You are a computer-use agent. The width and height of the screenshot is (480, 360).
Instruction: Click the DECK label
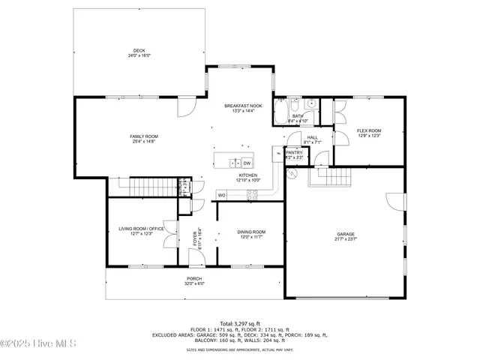(x=140, y=51)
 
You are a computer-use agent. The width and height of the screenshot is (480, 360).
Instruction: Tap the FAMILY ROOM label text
(x=145, y=136)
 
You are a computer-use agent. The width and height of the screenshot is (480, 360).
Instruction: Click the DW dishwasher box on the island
(x=247, y=162)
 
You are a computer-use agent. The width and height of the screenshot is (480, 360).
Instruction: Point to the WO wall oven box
(x=222, y=195)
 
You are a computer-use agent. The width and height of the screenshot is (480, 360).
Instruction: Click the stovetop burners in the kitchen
(x=252, y=195)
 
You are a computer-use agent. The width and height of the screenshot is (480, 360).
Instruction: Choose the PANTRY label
(x=294, y=152)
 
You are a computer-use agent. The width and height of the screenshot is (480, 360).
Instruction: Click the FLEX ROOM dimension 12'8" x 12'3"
(x=369, y=135)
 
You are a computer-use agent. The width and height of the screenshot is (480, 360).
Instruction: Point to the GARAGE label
(x=346, y=235)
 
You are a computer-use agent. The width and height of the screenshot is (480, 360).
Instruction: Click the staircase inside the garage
(x=331, y=178)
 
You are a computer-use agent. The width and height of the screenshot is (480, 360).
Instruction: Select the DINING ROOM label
(x=251, y=232)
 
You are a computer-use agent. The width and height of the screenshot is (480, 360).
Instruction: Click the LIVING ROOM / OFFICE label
(x=141, y=229)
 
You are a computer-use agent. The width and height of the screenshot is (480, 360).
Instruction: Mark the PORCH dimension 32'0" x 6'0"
(x=195, y=283)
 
